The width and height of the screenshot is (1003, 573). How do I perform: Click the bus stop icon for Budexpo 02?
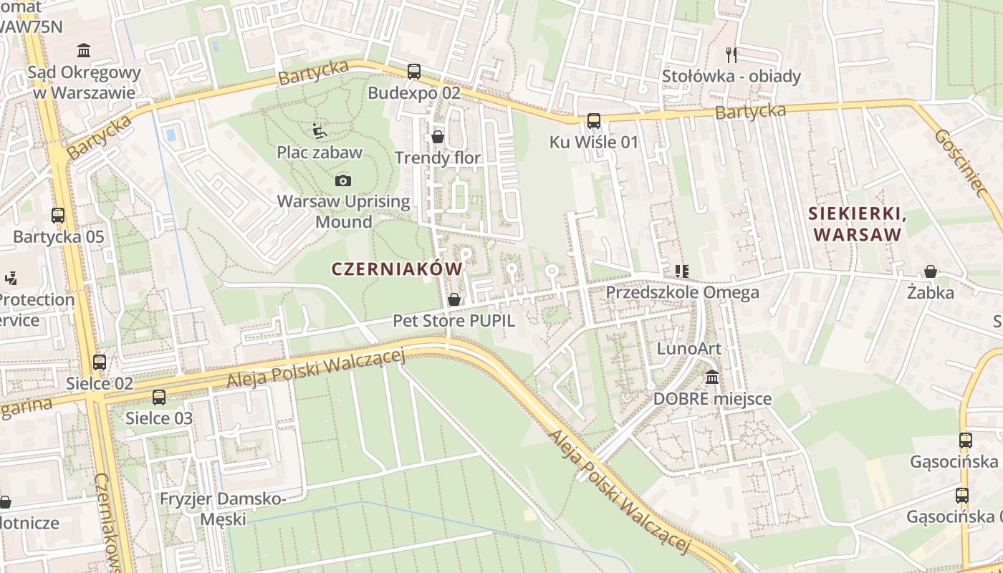pyautogui.click(x=414, y=72)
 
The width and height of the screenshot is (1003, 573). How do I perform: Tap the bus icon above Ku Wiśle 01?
pyautogui.click(x=594, y=121)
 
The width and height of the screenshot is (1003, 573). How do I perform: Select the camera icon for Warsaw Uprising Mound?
pyautogui.click(x=343, y=180)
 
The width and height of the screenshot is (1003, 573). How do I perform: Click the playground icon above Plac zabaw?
pyautogui.click(x=320, y=131)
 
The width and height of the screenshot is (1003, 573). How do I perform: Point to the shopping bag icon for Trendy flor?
pyautogui.click(x=438, y=137)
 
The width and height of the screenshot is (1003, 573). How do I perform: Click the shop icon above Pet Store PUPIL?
pyautogui.click(x=453, y=299)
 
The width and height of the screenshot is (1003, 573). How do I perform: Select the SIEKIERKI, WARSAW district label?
pyautogui.click(x=855, y=223)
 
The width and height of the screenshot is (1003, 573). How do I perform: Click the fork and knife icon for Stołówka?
pyautogui.click(x=731, y=54)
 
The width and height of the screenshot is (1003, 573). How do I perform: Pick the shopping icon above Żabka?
pyautogui.click(x=931, y=271)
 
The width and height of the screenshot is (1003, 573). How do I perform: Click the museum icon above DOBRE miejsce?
pyautogui.click(x=712, y=377)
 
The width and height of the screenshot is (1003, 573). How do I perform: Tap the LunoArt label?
pyautogui.click(x=688, y=349)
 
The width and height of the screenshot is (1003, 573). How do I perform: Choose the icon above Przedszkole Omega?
pyautogui.click(x=681, y=271)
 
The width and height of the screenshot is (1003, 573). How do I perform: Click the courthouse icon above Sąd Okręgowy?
pyautogui.click(x=84, y=51)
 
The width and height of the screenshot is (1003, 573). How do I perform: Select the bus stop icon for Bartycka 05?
pyautogui.click(x=58, y=215)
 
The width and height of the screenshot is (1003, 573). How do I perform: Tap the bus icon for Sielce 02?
pyautogui.click(x=100, y=362)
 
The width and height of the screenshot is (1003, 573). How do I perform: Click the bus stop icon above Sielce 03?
pyautogui.click(x=159, y=397)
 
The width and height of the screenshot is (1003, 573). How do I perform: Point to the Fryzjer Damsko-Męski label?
pyautogui.click(x=223, y=509)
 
